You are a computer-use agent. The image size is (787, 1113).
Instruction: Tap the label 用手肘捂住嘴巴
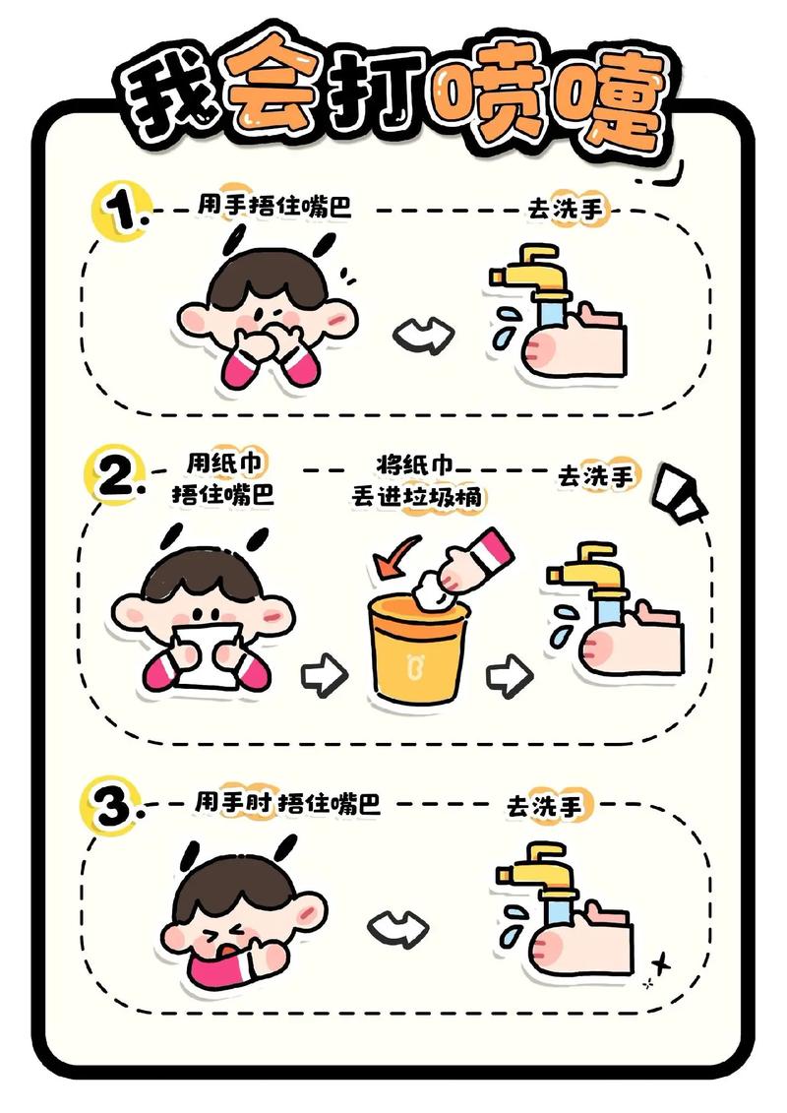click(x=286, y=803)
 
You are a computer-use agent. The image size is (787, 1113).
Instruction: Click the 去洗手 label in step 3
click(x=544, y=806)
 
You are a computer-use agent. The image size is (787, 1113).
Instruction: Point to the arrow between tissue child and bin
click(x=324, y=674)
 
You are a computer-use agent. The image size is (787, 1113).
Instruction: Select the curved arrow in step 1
click(x=423, y=335)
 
